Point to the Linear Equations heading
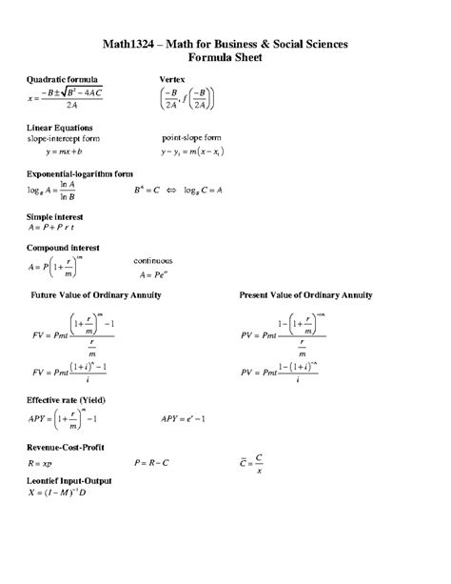click(59, 127)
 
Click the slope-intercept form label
click(62, 138)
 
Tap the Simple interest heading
click(55, 217)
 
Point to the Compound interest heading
click(63, 247)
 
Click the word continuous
click(153, 259)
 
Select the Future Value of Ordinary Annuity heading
click(96, 295)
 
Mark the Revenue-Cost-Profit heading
click(66, 446)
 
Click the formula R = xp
click(41, 463)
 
